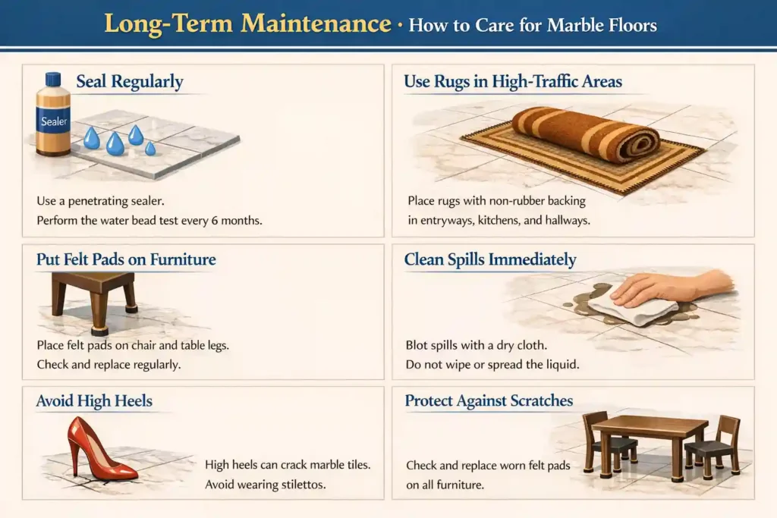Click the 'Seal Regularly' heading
tap(129, 81)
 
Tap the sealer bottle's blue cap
tap(52, 79)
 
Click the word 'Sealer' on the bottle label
tap(54, 121)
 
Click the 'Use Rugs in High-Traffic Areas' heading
tap(512, 81)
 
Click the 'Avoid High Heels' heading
tap(94, 400)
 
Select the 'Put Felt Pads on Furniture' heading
tap(126, 259)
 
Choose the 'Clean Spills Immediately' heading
tap(489, 260)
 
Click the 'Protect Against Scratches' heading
tap(489, 400)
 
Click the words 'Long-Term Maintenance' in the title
tap(247, 24)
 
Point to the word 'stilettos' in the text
tap(299, 485)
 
